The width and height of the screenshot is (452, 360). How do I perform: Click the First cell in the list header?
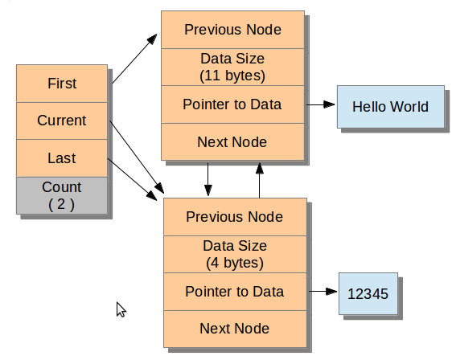(x=62, y=84)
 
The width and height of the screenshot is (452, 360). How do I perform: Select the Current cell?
(x=62, y=121)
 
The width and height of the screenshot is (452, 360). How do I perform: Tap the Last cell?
(x=62, y=158)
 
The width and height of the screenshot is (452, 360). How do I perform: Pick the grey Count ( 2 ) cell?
(x=62, y=195)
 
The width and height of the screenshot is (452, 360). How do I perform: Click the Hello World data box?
(x=391, y=107)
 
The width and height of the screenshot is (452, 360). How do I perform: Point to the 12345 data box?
(x=368, y=293)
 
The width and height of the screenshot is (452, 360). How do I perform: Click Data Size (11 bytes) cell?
(x=232, y=67)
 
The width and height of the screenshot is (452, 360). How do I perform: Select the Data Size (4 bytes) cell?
(x=235, y=254)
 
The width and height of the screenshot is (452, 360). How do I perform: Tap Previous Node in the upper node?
(x=232, y=30)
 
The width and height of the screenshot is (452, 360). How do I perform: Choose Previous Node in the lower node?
(x=235, y=217)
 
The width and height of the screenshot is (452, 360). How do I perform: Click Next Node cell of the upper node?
(x=232, y=141)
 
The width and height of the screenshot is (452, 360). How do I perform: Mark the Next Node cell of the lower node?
(x=235, y=329)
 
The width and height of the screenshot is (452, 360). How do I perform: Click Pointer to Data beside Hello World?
(x=232, y=104)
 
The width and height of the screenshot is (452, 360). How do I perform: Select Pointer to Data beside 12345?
(x=235, y=292)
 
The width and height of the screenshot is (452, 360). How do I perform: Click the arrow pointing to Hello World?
(x=321, y=104)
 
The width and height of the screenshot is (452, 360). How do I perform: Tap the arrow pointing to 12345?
(x=323, y=292)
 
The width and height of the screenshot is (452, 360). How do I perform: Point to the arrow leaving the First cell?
(x=134, y=59)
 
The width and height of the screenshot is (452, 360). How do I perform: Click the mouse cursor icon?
(x=121, y=309)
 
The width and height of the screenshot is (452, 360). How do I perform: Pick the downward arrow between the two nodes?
(x=208, y=179)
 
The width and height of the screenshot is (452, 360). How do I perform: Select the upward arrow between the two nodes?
(x=260, y=181)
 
